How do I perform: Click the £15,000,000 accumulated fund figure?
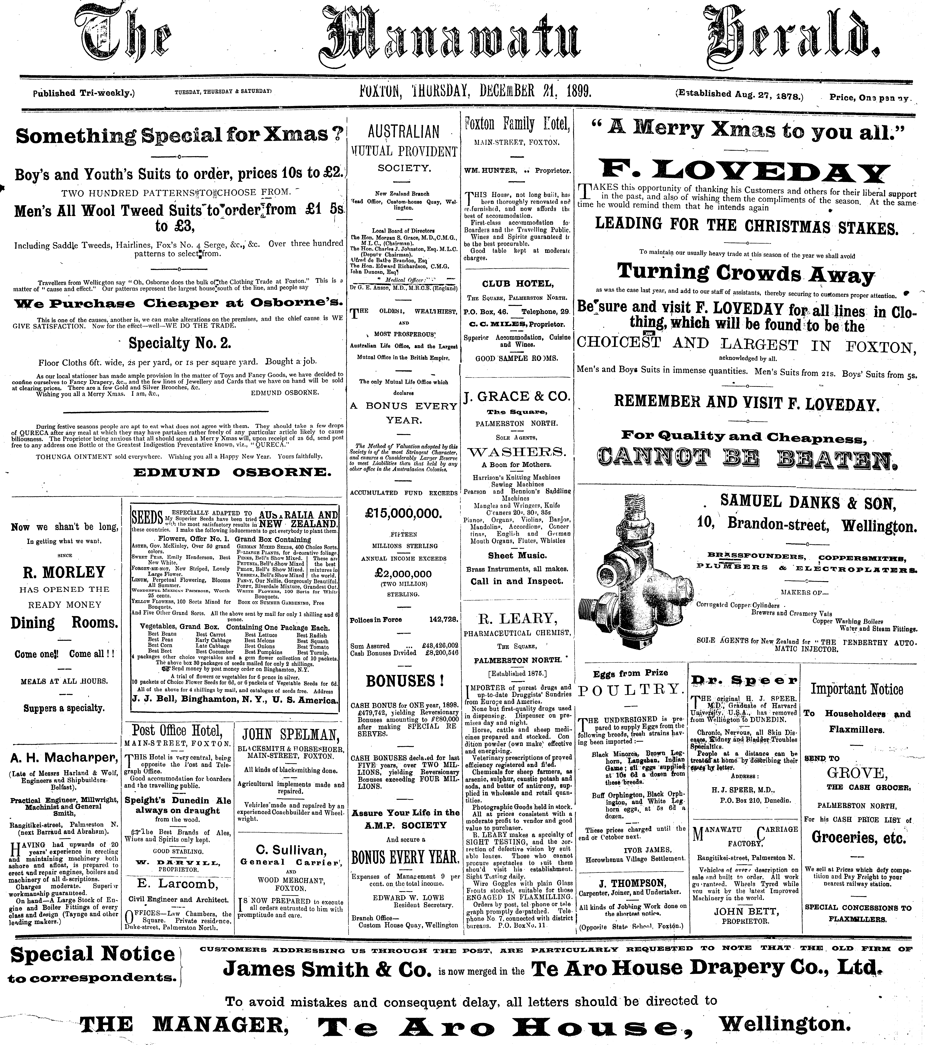coord(403,514)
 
